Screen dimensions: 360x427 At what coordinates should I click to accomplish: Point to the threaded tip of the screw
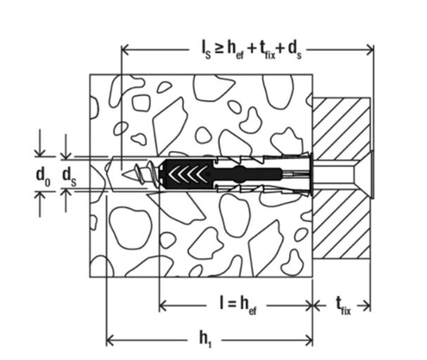[x=135, y=174]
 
